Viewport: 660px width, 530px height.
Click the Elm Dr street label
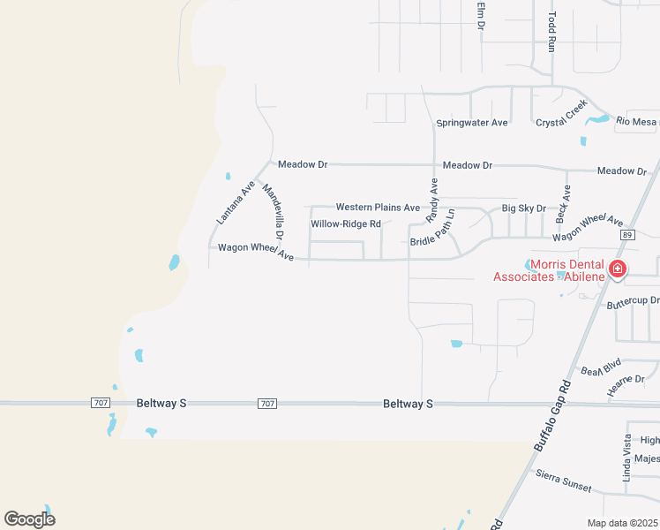482,15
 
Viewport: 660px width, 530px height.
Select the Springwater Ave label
472,123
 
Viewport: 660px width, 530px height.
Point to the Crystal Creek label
562,114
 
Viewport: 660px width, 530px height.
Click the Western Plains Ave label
378,208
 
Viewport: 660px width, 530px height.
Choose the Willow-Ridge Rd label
345,224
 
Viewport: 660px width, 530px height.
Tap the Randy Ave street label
432,200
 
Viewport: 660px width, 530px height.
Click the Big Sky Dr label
524,208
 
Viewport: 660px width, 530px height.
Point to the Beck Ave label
562,203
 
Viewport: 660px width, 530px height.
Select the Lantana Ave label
236,201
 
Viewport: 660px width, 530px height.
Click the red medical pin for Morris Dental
619,269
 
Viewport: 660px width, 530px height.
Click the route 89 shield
627,235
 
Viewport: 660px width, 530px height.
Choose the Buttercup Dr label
633,303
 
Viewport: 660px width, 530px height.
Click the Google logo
29,519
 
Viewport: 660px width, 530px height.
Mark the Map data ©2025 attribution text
622,523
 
